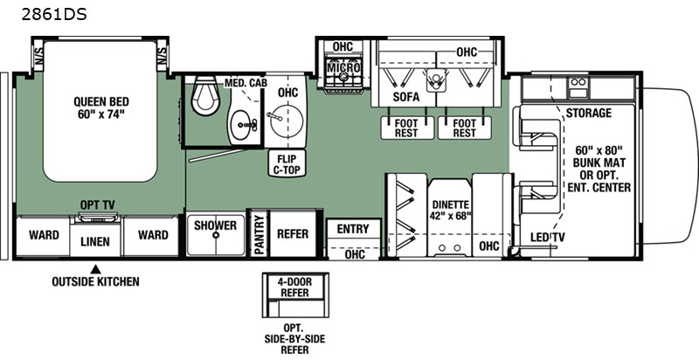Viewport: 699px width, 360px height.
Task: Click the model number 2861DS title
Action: click(54, 15)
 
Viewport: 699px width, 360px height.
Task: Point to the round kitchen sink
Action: click(287, 121)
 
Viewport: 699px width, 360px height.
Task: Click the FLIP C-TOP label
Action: click(287, 163)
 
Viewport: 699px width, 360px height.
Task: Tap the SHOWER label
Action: click(215, 225)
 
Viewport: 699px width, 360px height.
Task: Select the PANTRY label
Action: click(259, 234)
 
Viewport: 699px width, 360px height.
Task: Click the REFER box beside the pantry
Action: click(293, 234)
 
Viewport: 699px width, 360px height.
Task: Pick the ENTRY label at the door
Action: click(353, 229)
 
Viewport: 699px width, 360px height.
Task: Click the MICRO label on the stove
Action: click(343, 68)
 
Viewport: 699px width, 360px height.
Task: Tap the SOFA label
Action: click(406, 97)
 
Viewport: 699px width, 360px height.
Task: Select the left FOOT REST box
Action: click(407, 128)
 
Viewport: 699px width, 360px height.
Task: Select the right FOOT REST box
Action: click(465, 128)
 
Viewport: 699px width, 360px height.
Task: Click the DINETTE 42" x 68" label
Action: click(451, 211)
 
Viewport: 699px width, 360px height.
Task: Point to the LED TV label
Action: click(548, 238)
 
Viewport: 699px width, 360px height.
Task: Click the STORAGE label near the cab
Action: click(588, 114)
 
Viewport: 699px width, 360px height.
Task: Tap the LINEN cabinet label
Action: click(95, 242)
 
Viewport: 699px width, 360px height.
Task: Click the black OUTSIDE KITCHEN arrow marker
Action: click(95, 269)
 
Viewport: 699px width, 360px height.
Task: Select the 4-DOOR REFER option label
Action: click(294, 287)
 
